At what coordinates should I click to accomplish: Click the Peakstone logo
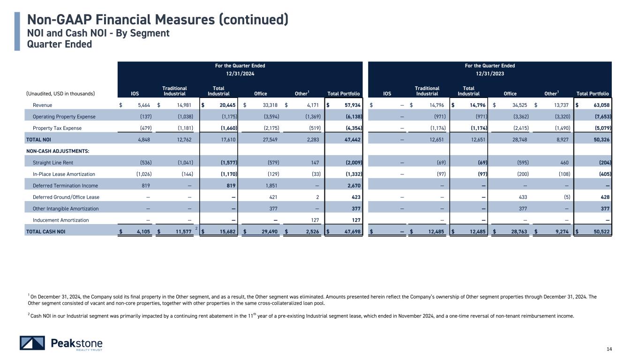pos(61,343)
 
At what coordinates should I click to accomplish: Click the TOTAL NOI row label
pos(39,140)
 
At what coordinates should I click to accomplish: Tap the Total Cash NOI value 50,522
pos(600,232)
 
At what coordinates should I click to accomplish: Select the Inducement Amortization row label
pos(60,220)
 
